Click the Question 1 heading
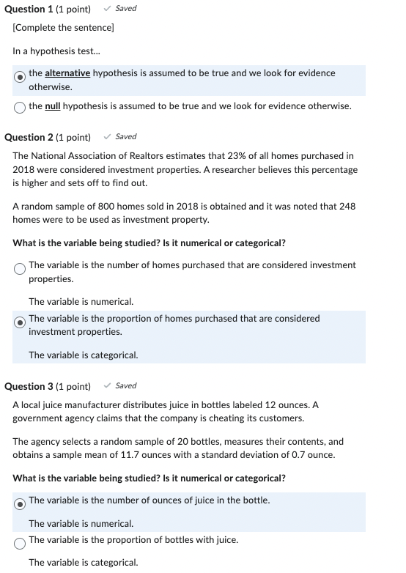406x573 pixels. [x=48, y=9]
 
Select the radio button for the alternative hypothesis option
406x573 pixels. [x=21, y=75]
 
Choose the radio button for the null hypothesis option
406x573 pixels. [x=20, y=107]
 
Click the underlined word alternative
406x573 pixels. [x=67, y=73]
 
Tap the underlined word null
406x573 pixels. [x=53, y=106]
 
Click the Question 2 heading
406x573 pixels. [x=48, y=137]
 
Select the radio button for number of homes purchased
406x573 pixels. [x=20, y=268]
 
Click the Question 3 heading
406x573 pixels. [x=48, y=386]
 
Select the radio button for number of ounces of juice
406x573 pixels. [x=20, y=503]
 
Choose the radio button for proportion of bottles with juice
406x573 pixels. [x=20, y=543]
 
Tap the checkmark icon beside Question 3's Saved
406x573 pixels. [x=108, y=385]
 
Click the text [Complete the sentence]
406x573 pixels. [x=63, y=28]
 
